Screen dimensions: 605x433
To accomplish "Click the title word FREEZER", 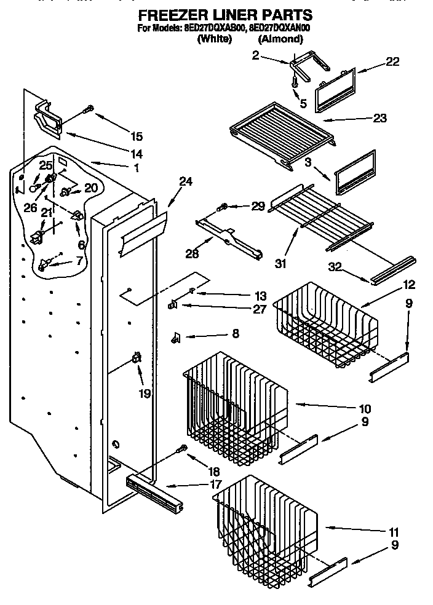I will coord(172,14).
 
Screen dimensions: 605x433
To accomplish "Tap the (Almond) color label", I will coord(280,39).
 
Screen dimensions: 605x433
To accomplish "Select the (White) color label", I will coord(214,39).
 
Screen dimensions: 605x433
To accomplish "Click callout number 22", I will coord(392,61).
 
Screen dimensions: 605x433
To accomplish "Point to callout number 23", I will coord(379,118).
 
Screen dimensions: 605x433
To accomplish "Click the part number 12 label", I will coord(408,285).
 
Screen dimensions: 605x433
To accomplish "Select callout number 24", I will coord(186,181).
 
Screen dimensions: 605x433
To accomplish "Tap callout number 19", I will coord(145,393).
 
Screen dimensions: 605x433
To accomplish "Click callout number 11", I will coord(394,532).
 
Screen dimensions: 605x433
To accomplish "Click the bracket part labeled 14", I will coord(50,119).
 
